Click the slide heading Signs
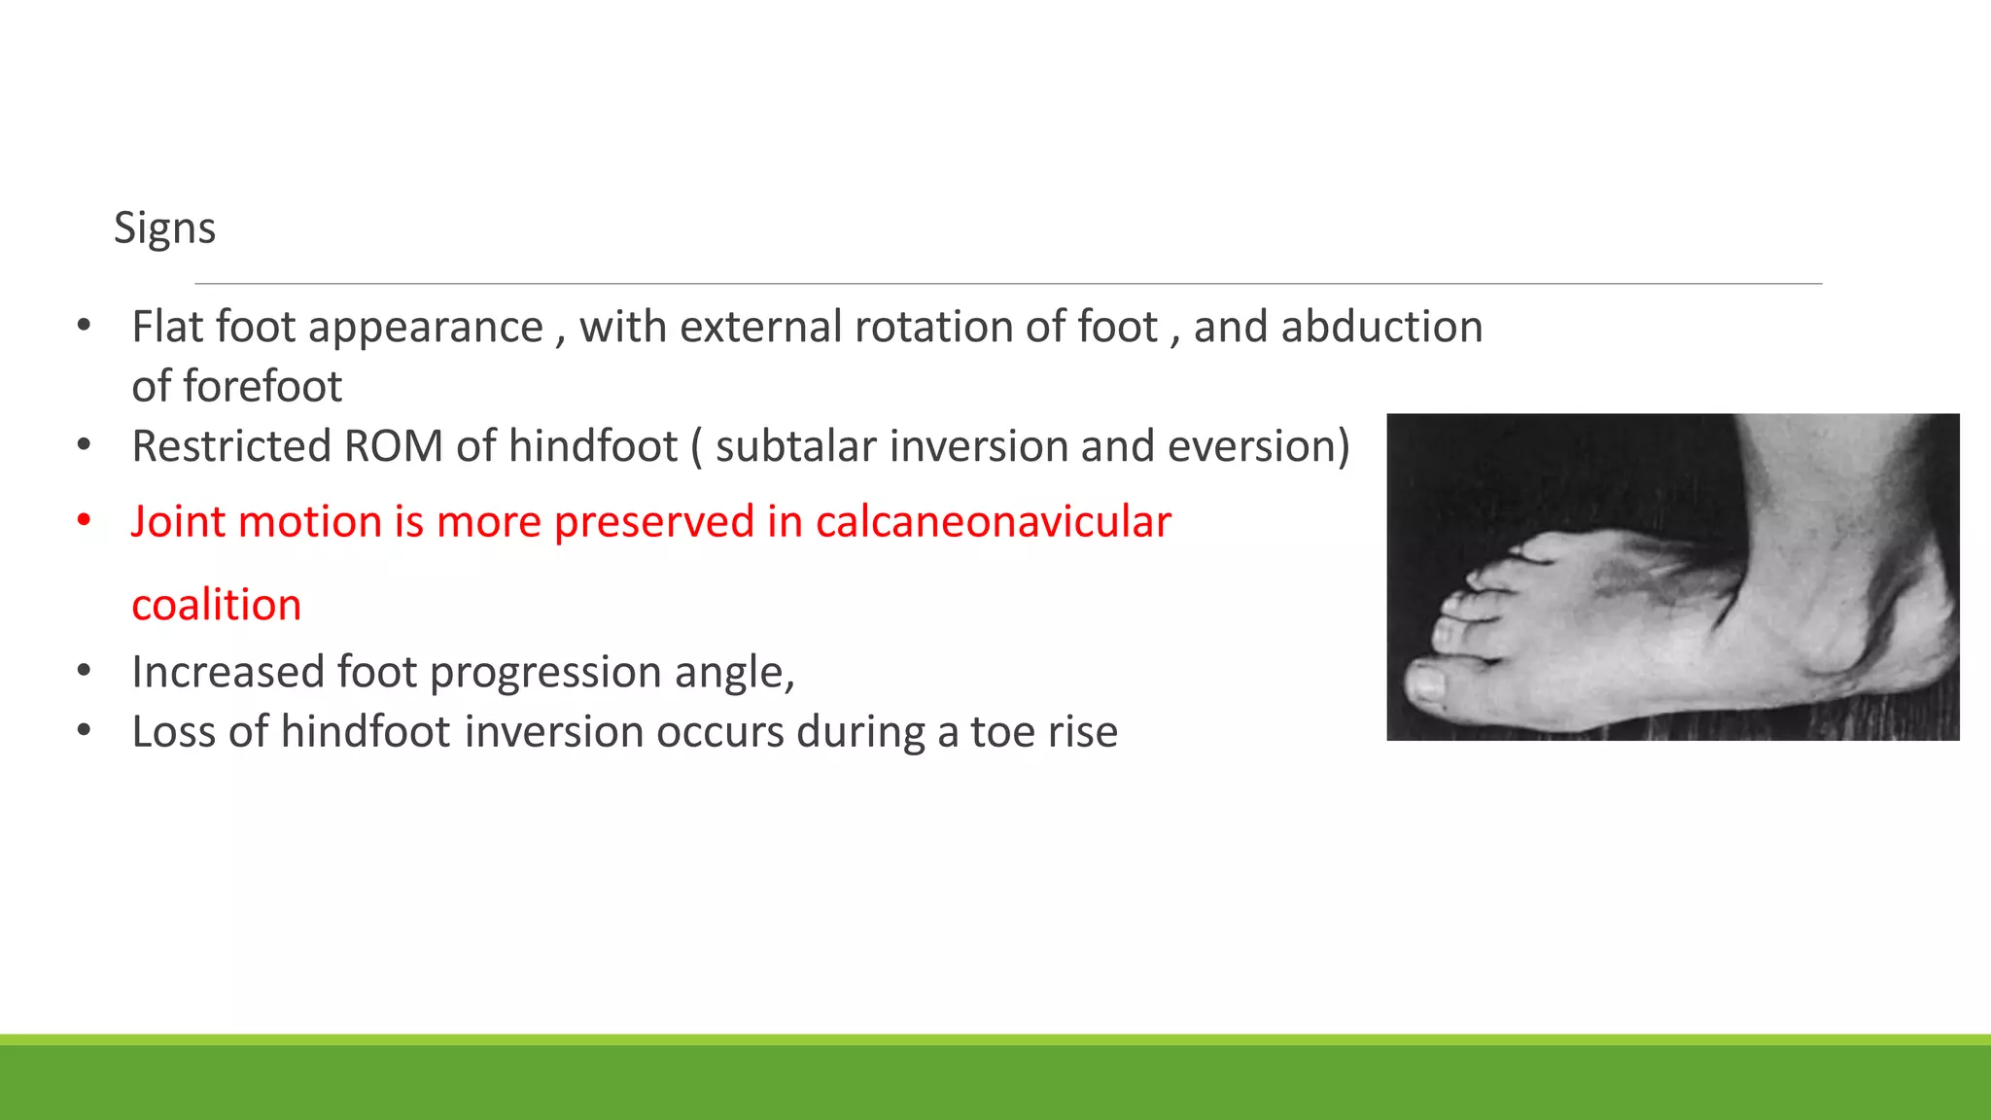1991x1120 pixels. (x=164, y=228)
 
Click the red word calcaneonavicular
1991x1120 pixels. (x=993, y=522)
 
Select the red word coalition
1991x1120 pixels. (x=216, y=606)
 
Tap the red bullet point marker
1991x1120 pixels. (x=85, y=521)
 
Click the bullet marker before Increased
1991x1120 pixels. (x=85, y=672)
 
